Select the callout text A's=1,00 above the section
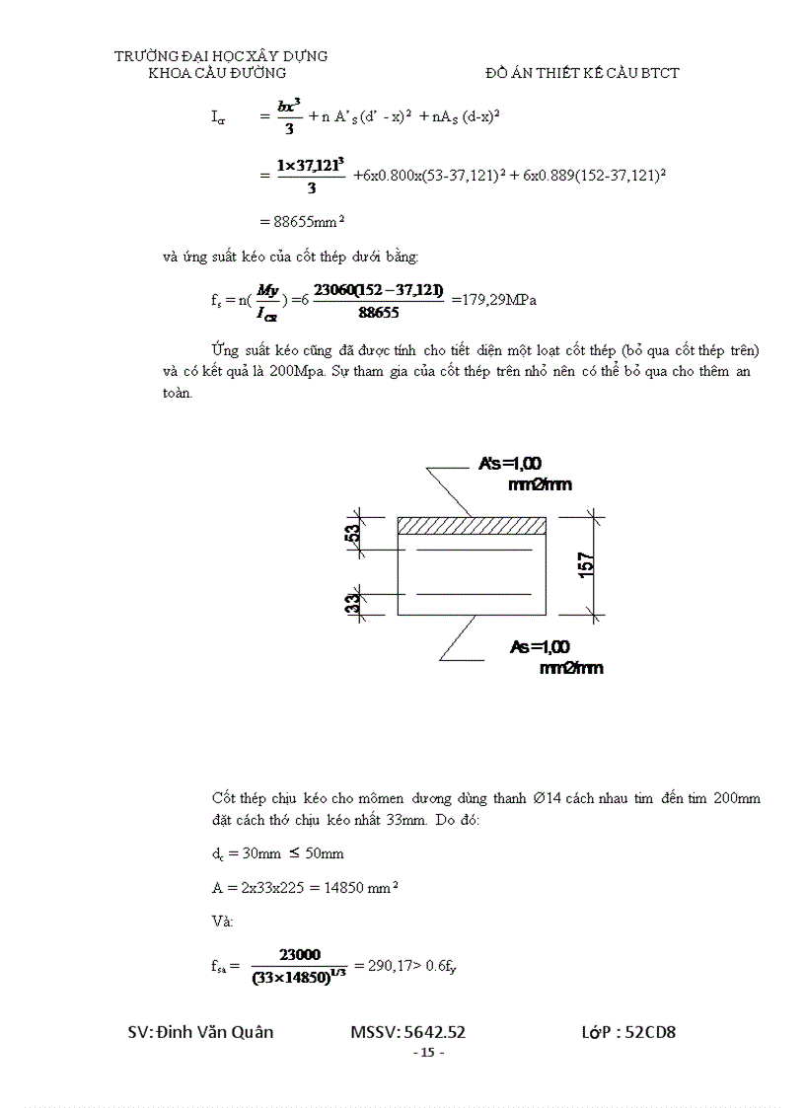coord(511,464)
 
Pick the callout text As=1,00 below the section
coord(540,647)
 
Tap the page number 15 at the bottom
coord(427,1053)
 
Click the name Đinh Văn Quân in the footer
coord(215,1033)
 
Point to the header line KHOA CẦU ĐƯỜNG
coord(217,73)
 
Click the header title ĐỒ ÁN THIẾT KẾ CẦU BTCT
coord(583,73)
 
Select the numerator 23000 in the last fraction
coord(299,954)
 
